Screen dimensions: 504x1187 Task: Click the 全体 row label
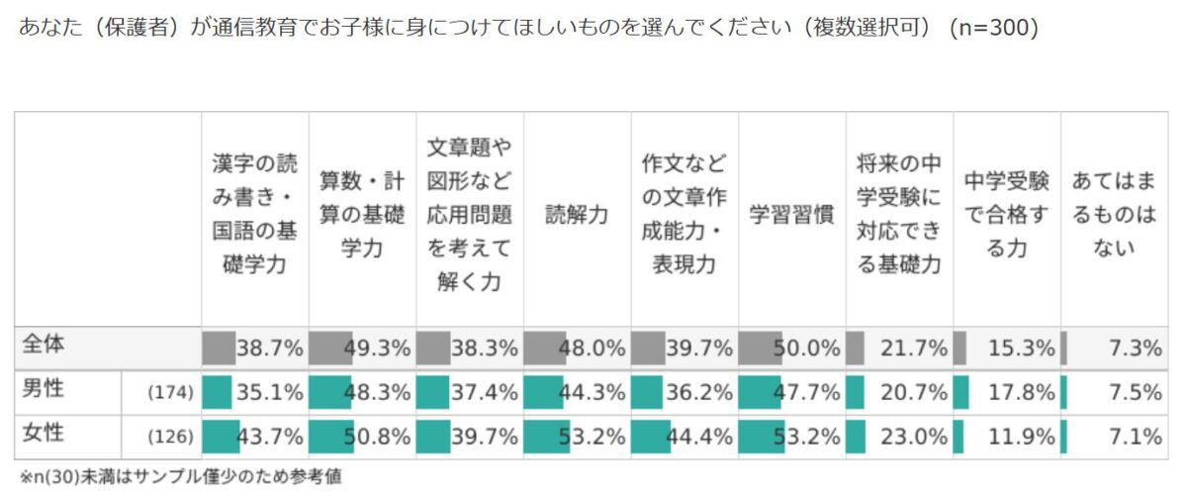pyautogui.click(x=43, y=347)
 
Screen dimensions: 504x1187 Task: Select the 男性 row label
pyautogui.click(x=43, y=391)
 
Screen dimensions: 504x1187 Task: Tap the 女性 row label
pyautogui.click(x=43, y=435)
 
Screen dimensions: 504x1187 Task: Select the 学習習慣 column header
pyautogui.click(x=791, y=215)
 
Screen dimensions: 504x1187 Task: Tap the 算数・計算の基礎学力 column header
pyautogui.click(x=362, y=215)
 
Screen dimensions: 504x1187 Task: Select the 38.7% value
pyautogui.click(x=270, y=348)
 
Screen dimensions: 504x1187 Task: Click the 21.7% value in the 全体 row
pyautogui.click(x=915, y=348)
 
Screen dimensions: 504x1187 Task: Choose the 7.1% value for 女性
pyautogui.click(x=1136, y=436)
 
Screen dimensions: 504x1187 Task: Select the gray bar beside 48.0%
pyautogui.click(x=545, y=348)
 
